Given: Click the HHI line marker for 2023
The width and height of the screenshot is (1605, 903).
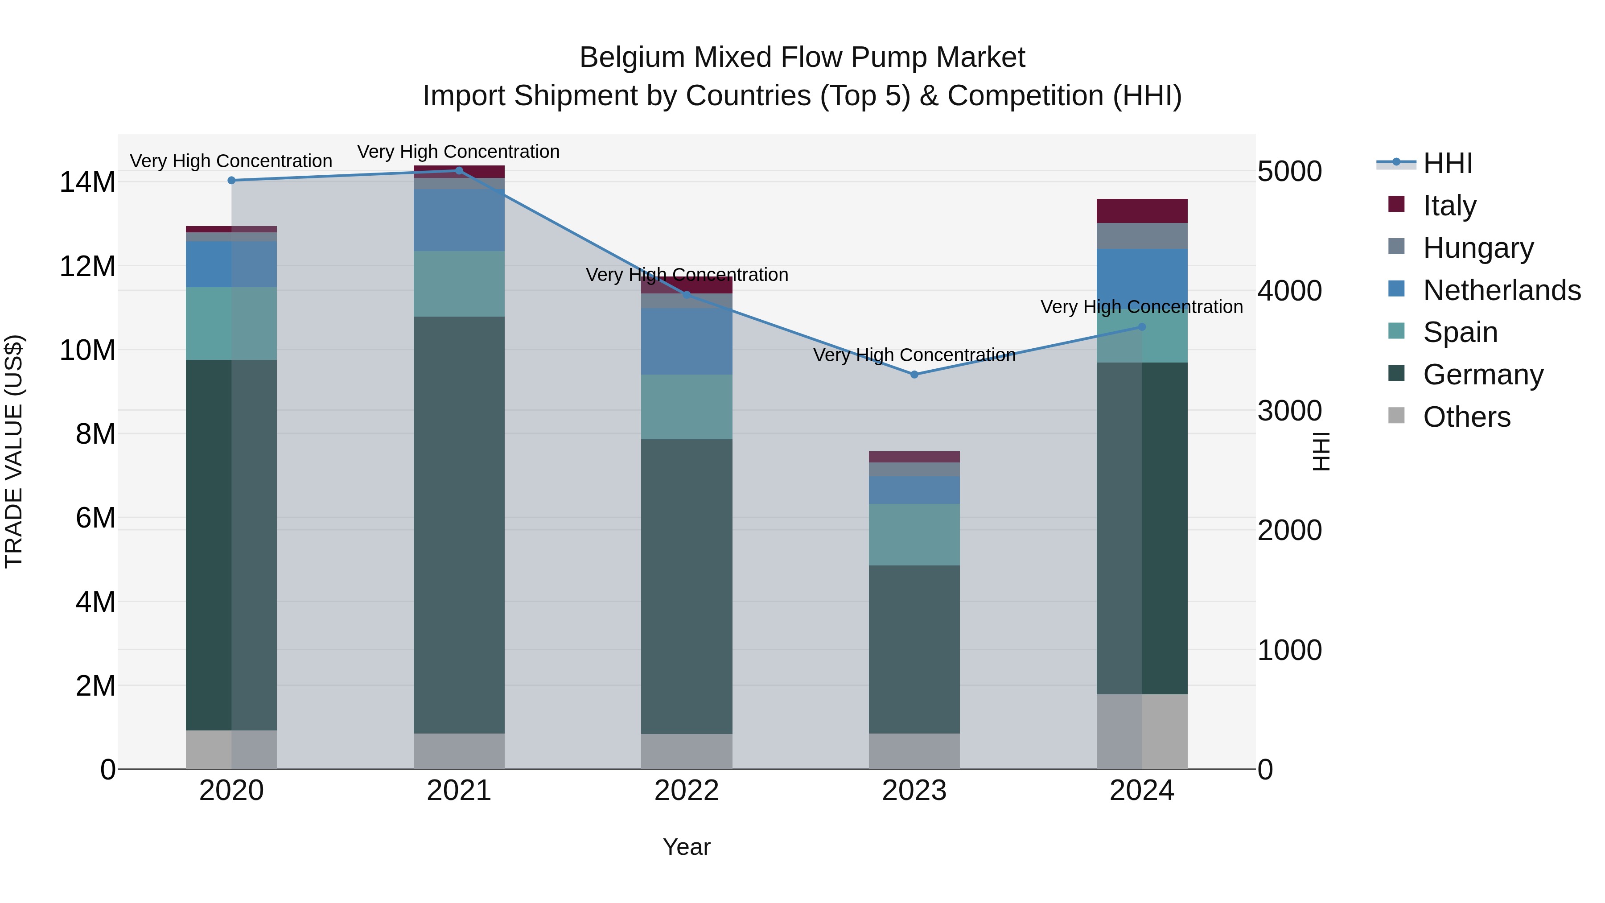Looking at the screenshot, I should tap(914, 375).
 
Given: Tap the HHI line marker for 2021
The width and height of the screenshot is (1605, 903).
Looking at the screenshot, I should tap(459, 170).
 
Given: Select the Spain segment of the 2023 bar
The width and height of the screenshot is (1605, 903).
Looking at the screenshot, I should tap(914, 534).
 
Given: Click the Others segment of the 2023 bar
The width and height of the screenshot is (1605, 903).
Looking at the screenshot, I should tap(914, 751).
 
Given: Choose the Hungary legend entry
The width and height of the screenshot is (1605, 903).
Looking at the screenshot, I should tap(1478, 248).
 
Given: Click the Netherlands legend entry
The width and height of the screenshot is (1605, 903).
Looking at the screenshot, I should tap(1502, 290).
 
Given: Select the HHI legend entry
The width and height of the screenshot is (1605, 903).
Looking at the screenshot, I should tap(1447, 163).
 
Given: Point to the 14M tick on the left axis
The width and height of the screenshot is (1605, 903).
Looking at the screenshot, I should tap(87, 182).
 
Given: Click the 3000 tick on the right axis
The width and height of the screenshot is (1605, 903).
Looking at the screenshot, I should tap(1289, 411).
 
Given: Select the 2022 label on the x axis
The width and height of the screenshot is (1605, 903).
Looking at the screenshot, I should tap(687, 791).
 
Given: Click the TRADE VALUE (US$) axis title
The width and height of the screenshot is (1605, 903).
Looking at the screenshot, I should tap(14, 451).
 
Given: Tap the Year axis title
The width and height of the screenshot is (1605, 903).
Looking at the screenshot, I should tap(687, 847).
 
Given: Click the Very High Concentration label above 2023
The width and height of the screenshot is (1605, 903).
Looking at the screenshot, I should tap(914, 355).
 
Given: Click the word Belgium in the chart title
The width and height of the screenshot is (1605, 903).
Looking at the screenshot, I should tap(632, 58).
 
